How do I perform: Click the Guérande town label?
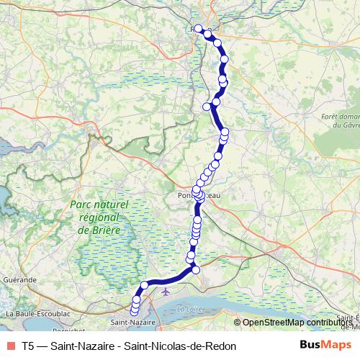click(19, 279)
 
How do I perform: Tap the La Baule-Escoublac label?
click(37, 314)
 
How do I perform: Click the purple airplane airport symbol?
click(167, 292)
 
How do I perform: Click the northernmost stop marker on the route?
click(199, 29)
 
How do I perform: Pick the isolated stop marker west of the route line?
click(207, 107)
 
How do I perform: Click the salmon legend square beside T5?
click(10, 346)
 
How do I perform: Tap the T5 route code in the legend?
click(28, 346)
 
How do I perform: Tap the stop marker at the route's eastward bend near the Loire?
click(195, 269)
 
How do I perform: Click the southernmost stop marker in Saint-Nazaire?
click(134, 312)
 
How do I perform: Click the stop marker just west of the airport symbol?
click(145, 286)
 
